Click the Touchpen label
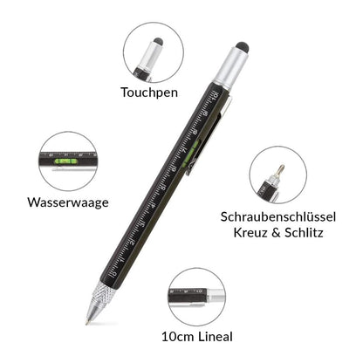149,92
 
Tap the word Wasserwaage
68,202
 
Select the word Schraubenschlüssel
278,217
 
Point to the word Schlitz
304,233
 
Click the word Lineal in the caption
216,337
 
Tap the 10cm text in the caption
178,337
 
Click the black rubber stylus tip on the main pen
243,47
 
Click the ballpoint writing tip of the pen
87,323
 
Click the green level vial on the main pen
192,152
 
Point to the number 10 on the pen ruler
216,96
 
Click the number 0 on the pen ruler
114,273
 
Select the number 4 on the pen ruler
153,205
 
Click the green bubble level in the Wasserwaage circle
65,161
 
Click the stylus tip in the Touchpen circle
158,42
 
